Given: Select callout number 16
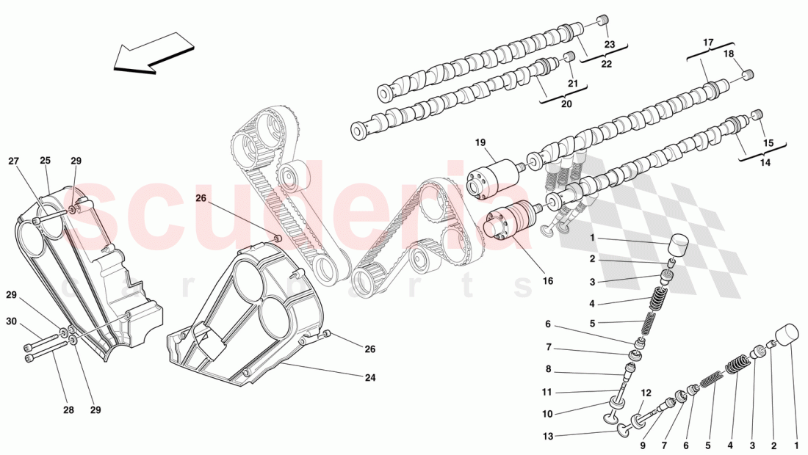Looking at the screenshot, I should click(548, 280).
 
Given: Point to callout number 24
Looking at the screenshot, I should click(369, 378).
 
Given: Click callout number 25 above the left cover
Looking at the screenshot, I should click(45, 160).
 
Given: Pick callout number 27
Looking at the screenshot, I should click(14, 160).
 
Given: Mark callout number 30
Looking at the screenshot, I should click(11, 321).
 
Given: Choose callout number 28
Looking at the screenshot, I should click(68, 410).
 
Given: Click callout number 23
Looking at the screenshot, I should click(609, 44).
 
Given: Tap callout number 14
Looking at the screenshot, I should click(765, 163).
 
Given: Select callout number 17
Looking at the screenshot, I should click(708, 43).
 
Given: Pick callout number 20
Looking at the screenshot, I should click(566, 103).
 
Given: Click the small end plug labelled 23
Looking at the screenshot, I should click(602, 20).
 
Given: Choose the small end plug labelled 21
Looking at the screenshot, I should click(568, 57).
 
